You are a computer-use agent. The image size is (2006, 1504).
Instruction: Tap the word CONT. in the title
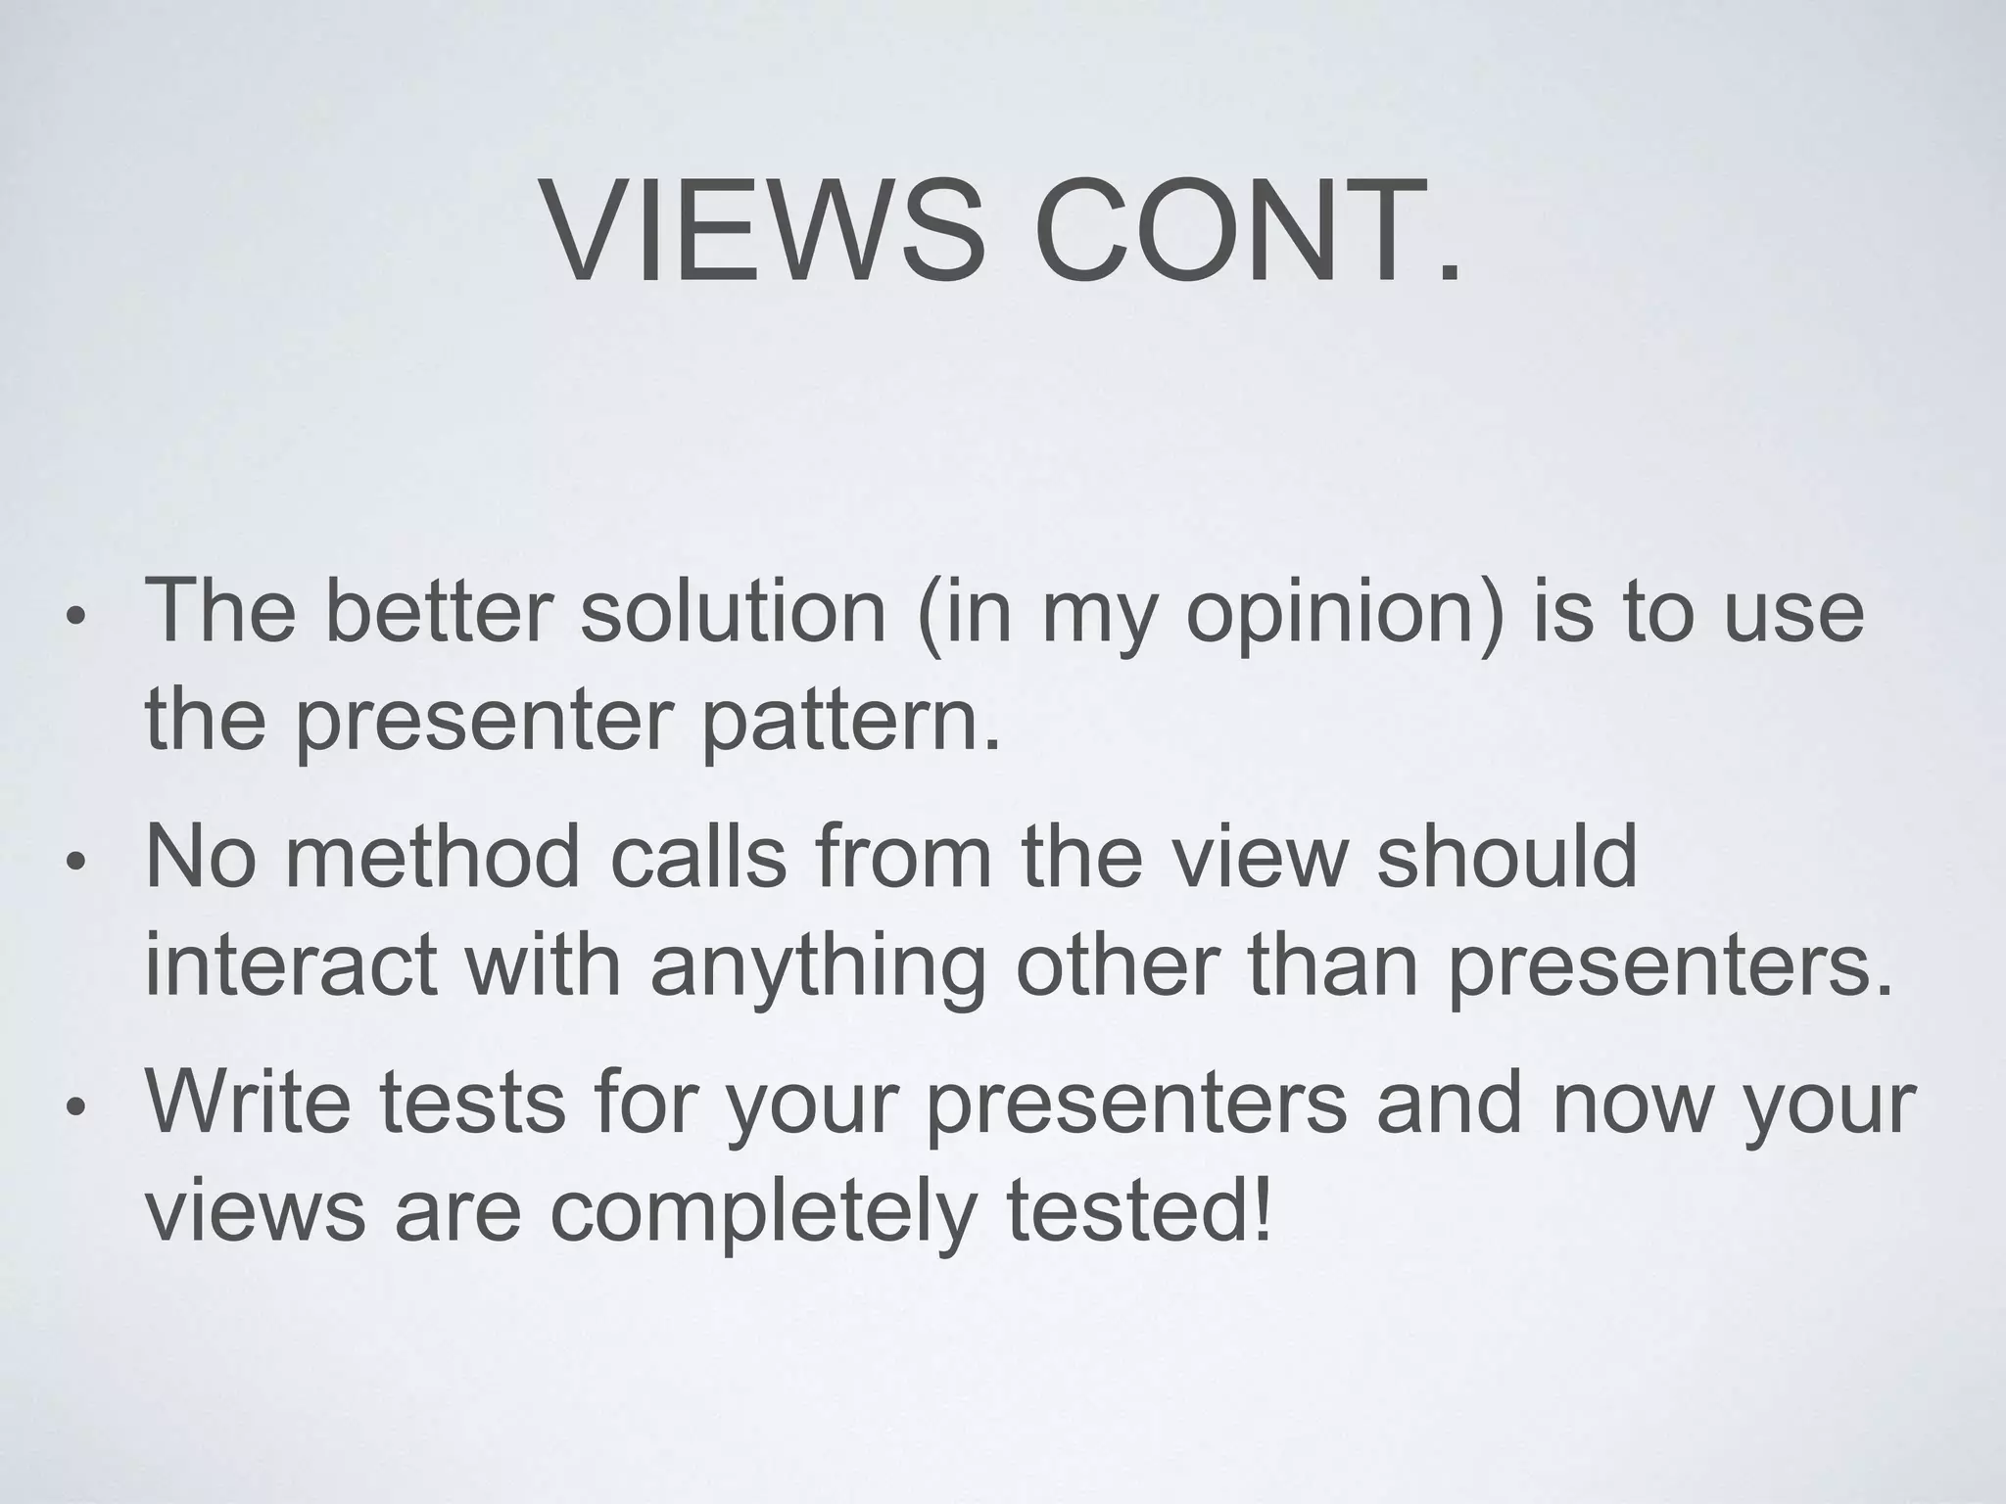click(1246, 231)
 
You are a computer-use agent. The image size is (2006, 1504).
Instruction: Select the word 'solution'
click(733, 611)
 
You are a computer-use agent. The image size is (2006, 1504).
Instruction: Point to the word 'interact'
click(290, 965)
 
